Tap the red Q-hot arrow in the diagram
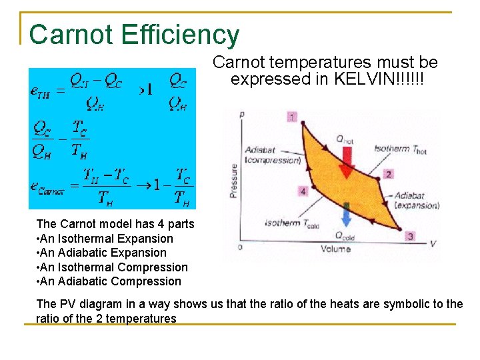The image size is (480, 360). [345, 163]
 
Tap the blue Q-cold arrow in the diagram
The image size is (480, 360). [346, 215]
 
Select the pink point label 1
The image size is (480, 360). [292, 117]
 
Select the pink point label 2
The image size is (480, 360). [388, 175]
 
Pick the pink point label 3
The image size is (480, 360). [410, 236]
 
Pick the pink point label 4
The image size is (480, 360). [303, 191]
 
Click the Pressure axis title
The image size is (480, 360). [234, 180]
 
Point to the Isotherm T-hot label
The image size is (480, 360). [400, 149]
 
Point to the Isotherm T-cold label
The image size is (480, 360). [291, 223]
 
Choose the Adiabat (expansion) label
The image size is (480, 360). [415, 201]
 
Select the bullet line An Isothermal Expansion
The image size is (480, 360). [105, 239]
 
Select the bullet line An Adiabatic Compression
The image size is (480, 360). [109, 281]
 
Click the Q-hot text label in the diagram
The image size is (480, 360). [345, 139]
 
